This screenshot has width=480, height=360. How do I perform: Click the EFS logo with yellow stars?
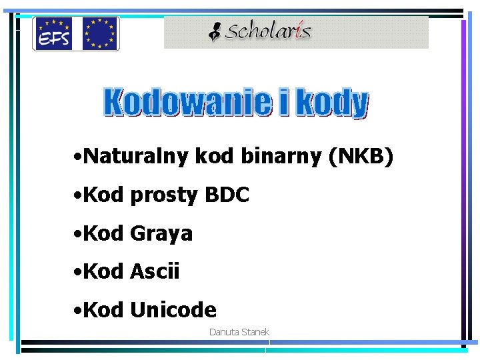click(55, 33)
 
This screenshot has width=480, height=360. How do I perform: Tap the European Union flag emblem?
click(100, 33)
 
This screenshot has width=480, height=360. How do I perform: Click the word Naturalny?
click(137, 157)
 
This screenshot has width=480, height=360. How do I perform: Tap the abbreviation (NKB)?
click(361, 157)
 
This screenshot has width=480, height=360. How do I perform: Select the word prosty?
click(165, 196)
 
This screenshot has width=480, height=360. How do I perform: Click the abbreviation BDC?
click(227, 195)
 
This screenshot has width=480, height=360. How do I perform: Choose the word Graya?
click(161, 234)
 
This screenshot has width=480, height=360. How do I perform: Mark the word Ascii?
click(155, 271)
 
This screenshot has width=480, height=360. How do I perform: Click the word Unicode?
click(173, 310)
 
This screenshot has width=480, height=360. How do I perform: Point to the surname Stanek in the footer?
click(255, 332)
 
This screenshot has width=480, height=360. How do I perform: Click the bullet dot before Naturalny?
click(79, 159)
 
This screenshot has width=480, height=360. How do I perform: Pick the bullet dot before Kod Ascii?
click(79, 273)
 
